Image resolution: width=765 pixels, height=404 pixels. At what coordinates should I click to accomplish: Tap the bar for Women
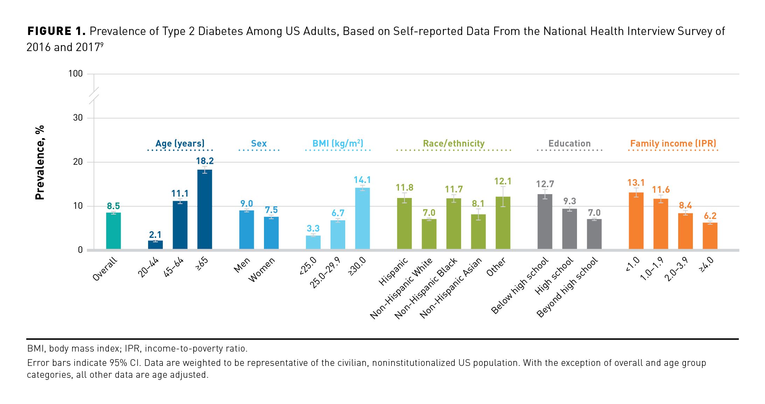[271, 233]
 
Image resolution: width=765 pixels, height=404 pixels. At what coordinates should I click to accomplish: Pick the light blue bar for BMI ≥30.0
[362, 218]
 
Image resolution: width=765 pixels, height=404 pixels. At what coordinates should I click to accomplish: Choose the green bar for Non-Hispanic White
[429, 234]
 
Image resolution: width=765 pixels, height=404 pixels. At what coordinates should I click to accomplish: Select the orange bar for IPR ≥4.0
[710, 236]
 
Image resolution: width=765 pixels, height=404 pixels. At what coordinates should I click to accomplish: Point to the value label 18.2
[205, 161]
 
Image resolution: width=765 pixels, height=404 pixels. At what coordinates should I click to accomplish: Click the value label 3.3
[313, 228]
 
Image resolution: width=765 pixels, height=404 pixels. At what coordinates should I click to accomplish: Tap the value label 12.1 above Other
[503, 181]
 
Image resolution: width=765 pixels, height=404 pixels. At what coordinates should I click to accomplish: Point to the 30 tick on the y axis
[78, 118]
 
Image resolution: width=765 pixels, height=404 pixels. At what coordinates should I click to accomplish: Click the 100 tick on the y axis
[76, 74]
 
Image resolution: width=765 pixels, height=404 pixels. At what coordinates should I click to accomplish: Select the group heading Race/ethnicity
[454, 143]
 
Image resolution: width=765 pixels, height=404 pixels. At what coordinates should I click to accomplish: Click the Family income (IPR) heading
[673, 143]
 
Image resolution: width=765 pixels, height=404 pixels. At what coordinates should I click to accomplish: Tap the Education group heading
[569, 143]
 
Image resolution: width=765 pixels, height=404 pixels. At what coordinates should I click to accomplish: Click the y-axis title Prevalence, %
[40, 163]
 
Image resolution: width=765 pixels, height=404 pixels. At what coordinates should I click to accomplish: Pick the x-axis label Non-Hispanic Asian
[451, 288]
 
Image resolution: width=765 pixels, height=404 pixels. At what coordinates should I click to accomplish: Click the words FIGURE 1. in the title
[56, 31]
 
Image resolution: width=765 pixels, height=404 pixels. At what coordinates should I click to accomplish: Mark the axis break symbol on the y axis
[94, 95]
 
